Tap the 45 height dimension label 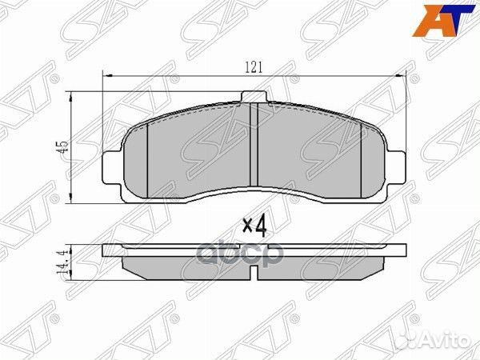click(x=62, y=146)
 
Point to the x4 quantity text click(x=253, y=226)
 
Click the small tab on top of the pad click(x=253, y=98)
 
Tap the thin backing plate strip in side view click(x=253, y=250)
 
